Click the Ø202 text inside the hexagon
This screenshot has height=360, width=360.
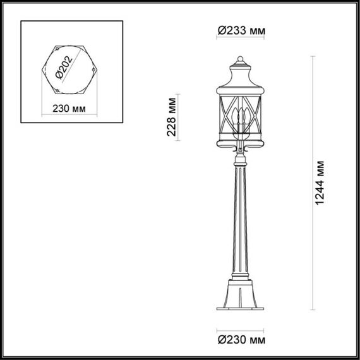pos(63,66)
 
